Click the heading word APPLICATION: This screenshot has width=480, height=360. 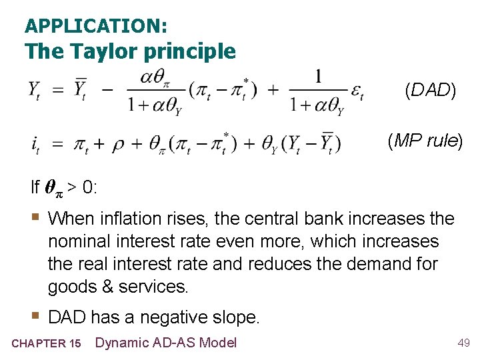click(96, 26)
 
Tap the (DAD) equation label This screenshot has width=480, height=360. click(431, 91)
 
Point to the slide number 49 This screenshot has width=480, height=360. click(463, 343)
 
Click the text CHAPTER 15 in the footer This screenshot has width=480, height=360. click(46, 343)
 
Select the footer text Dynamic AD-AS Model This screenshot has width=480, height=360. click(166, 343)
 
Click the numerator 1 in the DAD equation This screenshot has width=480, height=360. click(319, 77)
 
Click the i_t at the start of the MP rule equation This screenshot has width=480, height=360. click(34, 144)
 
